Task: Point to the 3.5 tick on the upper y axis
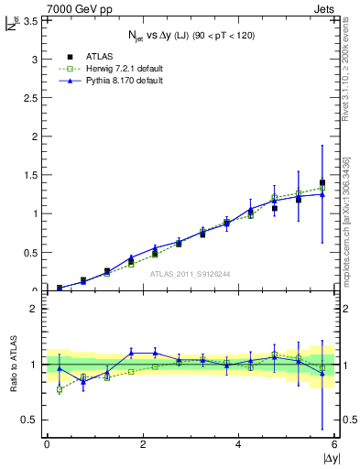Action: point(28,20)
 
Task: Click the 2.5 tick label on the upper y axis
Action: point(28,97)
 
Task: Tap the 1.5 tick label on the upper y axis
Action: point(28,175)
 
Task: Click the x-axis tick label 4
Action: point(238,443)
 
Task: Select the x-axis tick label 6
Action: point(334,443)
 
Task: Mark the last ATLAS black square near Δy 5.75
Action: point(322,183)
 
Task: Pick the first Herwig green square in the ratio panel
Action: point(60,389)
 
